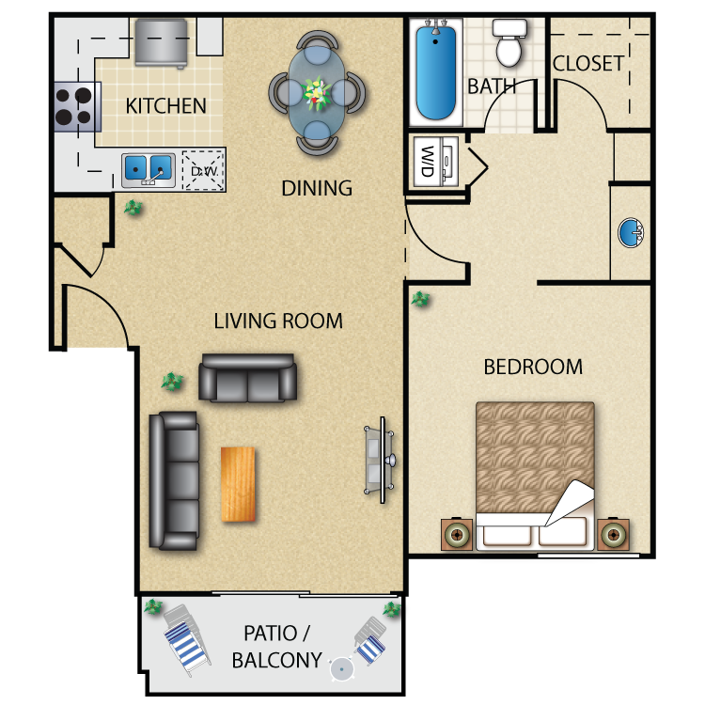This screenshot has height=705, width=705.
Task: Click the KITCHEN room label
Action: tap(165, 105)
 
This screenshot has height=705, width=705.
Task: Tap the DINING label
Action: tap(317, 188)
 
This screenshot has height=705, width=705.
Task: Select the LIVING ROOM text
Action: tap(278, 321)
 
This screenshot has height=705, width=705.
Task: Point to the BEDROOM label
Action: tap(533, 367)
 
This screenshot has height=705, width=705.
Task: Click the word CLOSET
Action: tap(588, 64)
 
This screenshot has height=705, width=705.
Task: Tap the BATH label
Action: tap(491, 86)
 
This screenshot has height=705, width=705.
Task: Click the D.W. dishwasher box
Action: tap(202, 170)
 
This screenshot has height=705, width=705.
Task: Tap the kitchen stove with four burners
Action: tap(77, 105)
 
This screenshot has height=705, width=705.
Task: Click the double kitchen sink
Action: tap(148, 169)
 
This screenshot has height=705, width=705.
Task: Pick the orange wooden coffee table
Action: tap(238, 483)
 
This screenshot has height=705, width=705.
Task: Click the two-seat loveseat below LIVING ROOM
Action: tap(247, 378)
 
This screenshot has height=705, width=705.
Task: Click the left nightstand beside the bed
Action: tap(457, 535)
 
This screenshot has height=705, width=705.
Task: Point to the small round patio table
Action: tap(342, 668)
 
